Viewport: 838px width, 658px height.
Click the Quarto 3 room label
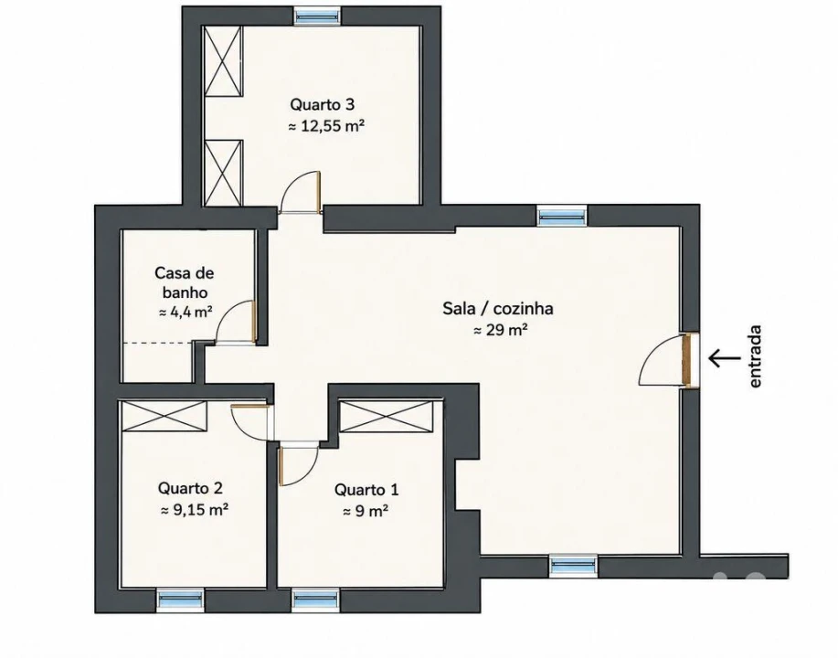[x=322, y=103]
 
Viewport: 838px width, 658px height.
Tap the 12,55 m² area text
[x=326, y=126]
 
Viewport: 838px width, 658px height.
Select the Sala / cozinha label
[x=497, y=308]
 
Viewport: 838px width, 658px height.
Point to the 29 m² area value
[x=501, y=330]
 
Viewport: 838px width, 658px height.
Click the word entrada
[x=755, y=356]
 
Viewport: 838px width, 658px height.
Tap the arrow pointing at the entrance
[x=724, y=357]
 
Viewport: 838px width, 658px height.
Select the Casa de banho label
[x=185, y=282]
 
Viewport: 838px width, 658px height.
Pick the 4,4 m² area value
[x=186, y=313]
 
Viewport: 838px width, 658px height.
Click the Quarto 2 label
[x=190, y=488]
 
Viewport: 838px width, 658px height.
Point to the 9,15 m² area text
[x=195, y=510]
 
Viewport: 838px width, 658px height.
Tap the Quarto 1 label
[x=366, y=490]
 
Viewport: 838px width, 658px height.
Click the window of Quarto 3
[x=317, y=16]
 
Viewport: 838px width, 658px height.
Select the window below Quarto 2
[x=181, y=600]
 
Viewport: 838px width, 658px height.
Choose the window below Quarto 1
[x=316, y=600]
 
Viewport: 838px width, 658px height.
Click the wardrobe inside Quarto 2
[x=164, y=415]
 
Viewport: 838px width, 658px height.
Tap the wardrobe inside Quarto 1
[x=387, y=417]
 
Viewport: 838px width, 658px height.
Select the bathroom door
[x=236, y=323]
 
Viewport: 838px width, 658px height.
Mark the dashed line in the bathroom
[x=158, y=343]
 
